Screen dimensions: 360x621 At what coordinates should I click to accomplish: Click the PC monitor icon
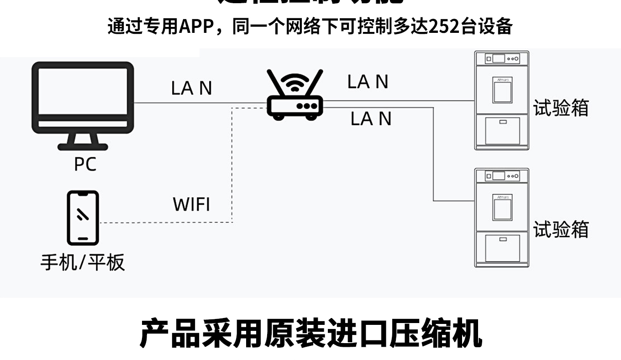(x=83, y=98)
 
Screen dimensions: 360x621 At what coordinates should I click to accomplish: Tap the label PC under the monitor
(x=85, y=164)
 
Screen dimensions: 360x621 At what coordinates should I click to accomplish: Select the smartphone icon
(x=83, y=218)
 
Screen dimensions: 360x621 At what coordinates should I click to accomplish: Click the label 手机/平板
(x=83, y=262)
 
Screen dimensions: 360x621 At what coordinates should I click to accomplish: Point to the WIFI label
(x=191, y=204)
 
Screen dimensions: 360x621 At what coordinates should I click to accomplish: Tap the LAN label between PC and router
(x=191, y=88)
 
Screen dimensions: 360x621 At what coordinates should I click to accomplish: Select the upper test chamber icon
(x=501, y=100)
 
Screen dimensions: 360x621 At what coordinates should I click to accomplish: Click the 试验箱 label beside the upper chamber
(x=561, y=108)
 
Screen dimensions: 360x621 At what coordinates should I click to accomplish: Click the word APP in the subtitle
(x=196, y=27)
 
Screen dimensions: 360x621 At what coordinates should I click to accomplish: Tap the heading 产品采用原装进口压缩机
(x=310, y=334)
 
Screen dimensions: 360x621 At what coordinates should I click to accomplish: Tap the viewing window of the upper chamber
(x=502, y=90)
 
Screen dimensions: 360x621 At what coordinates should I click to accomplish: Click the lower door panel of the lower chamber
(x=502, y=247)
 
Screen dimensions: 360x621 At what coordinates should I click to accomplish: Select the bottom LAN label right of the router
(x=371, y=119)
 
